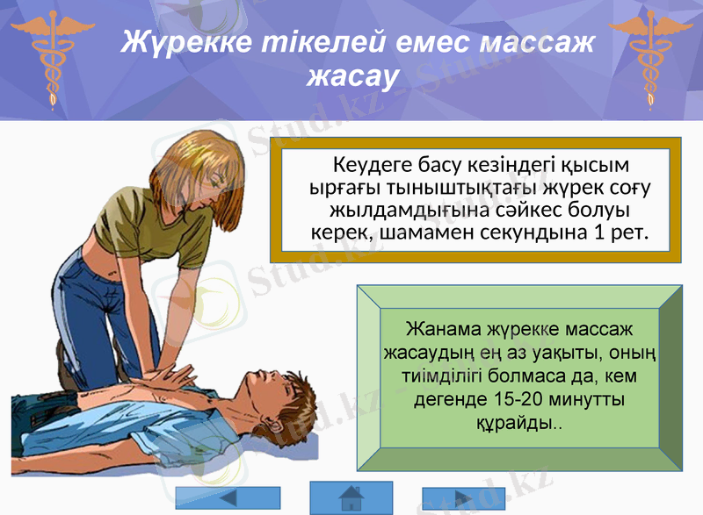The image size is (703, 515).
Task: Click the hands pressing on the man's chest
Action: point(167,377)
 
